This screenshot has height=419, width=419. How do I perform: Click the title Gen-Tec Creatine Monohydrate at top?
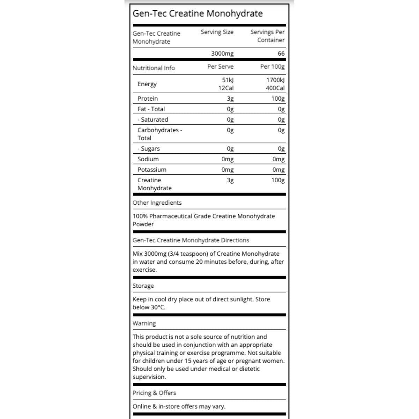(x=198, y=14)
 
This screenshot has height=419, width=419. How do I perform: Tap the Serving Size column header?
(x=217, y=32)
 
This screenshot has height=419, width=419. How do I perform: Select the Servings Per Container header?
(x=267, y=36)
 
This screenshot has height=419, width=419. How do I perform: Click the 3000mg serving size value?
(x=222, y=53)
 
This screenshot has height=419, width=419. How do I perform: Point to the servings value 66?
(x=281, y=53)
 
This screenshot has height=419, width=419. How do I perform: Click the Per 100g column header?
(x=272, y=67)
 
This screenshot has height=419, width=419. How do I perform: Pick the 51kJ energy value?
(x=228, y=80)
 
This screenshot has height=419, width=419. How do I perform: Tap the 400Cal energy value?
(x=275, y=88)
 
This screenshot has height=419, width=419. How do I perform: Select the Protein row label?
(x=147, y=98)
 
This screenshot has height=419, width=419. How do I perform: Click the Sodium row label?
(x=148, y=159)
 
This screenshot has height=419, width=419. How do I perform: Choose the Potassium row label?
(x=152, y=169)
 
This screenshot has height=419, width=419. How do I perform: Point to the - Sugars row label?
(x=148, y=148)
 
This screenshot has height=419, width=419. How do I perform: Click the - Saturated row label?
(x=153, y=119)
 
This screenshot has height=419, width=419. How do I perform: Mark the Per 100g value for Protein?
(x=278, y=98)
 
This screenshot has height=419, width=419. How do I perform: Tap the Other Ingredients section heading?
(x=157, y=203)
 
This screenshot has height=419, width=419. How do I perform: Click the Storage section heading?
(x=143, y=286)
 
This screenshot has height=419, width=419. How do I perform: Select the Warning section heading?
(x=144, y=323)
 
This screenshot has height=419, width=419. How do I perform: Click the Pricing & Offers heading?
(x=154, y=393)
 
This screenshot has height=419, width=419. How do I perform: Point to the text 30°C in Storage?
(x=158, y=307)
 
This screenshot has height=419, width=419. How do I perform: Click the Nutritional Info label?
(x=154, y=68)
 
